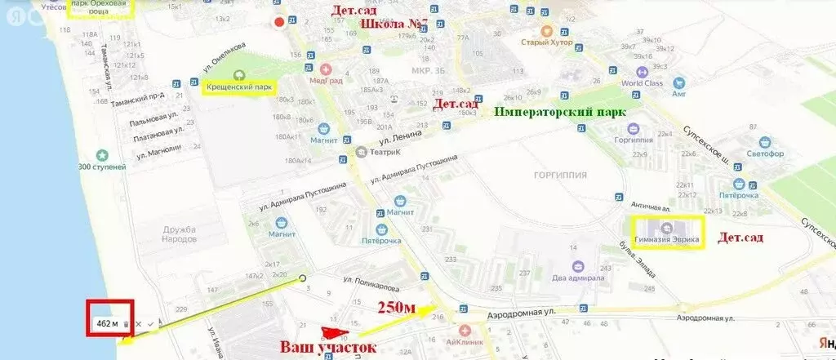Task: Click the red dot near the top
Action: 280,23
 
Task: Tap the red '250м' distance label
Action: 397,308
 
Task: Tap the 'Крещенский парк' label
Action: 238,87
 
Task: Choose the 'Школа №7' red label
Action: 394,26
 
